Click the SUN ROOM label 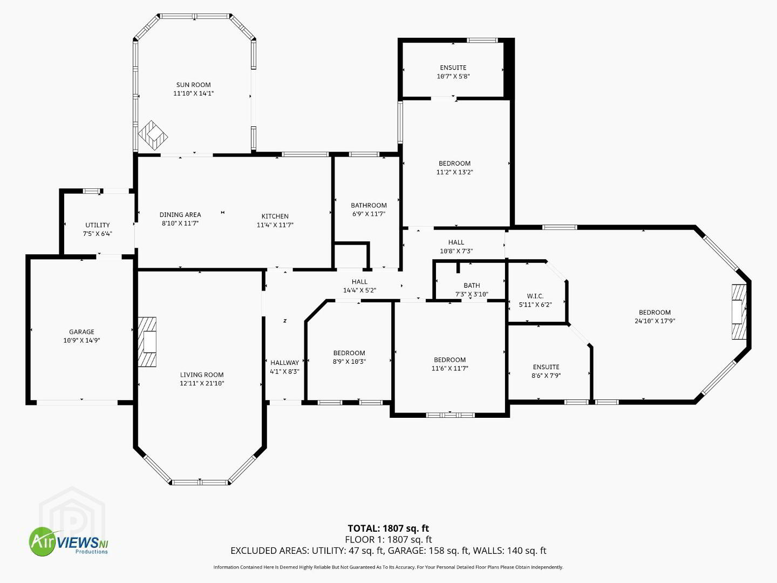click(x=193, y=85)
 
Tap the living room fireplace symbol click(x=147, y=342)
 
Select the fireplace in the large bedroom click(x=739, y=311)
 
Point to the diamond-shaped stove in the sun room click(x=153, y=135)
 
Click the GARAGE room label click(x=81, y=331)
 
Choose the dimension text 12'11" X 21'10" click(x=202, y=383)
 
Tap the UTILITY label click(x=97, y=225)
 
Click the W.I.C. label click(x=535, y=296)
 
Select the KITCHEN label click(x=275, y=216)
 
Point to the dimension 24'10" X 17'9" click(x=655, y=321)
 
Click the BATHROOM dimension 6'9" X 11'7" click(x=369, y=214)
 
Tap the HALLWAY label click(x=284, y=362)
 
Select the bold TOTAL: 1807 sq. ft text click(x=388, y=528)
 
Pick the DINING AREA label click(x=180, y=214)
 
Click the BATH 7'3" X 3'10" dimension click(x=472, y=294)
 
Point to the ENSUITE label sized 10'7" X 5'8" click(x=453, y=67)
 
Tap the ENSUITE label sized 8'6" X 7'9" click(x=546, y=367)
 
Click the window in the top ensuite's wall click(x=482, y=40)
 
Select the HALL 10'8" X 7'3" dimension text click(x=456, y=251)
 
